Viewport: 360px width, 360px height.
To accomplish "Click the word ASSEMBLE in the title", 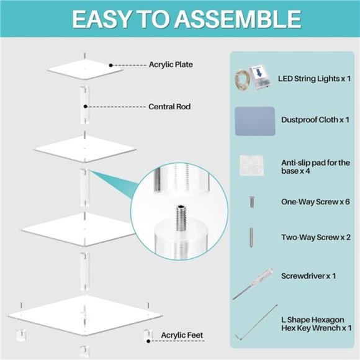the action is point(238,19).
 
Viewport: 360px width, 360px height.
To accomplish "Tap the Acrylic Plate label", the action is point(171,65).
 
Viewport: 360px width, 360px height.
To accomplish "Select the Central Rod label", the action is point(169,107).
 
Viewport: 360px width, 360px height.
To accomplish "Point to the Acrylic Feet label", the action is point(182,335).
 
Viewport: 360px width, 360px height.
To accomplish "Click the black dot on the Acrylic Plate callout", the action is point(111,65).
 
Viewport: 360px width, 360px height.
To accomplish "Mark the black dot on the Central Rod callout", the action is point(86,107).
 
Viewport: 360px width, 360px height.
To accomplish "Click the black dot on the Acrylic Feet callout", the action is point(148,341).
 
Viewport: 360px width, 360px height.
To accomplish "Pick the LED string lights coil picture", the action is point(242,80).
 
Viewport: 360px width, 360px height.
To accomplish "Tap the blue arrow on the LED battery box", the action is point(259,73).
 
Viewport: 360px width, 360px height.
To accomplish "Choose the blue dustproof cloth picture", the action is point(255,121).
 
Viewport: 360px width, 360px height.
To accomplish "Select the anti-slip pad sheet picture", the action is point(251,165).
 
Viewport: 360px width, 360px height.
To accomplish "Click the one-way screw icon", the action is point(251,202).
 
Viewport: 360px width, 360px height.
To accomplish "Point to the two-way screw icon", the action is point(251,237).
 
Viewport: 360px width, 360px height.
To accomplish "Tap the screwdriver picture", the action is point(253,284).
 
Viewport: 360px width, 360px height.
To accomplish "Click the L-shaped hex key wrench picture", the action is point(256,322).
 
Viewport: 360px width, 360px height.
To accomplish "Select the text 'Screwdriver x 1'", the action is point(308,276).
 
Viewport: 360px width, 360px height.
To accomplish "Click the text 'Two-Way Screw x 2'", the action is point(316,237).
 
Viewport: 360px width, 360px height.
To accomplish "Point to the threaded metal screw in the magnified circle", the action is point(181,218).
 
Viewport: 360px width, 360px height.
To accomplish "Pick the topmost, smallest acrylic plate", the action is point(85,70).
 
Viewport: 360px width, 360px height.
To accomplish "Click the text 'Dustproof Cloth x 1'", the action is point(315,120).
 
